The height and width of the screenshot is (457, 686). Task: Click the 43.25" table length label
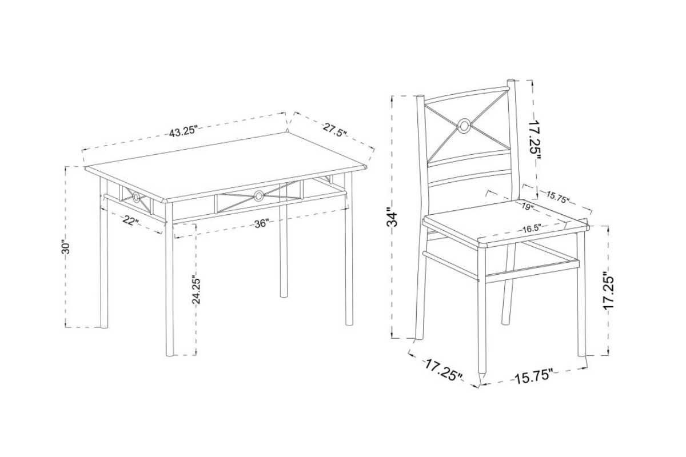point(182,132)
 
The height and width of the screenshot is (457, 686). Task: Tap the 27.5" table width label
point(334,129)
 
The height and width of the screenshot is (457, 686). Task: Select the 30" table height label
point(66,247)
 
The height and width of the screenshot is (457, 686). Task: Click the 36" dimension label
point(262,224)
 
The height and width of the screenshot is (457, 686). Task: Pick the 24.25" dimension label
point(196,291)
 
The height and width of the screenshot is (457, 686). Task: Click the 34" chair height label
point(392,217)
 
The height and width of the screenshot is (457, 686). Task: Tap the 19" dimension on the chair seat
point(527,207)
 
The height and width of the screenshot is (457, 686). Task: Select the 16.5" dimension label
point(531,228)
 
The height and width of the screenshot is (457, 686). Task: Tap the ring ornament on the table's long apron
point(259,196)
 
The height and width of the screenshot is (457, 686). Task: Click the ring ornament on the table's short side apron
point(136,198)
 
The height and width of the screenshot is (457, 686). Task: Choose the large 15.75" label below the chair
point(534,378)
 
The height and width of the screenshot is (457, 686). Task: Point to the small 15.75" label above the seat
point(558,198)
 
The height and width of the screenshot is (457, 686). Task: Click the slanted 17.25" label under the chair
point(443,371)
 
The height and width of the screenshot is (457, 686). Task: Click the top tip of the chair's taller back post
point(511,80)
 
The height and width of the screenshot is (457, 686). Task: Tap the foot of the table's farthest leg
point(284,296)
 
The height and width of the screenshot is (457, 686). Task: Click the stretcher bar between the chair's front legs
point(532,271)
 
